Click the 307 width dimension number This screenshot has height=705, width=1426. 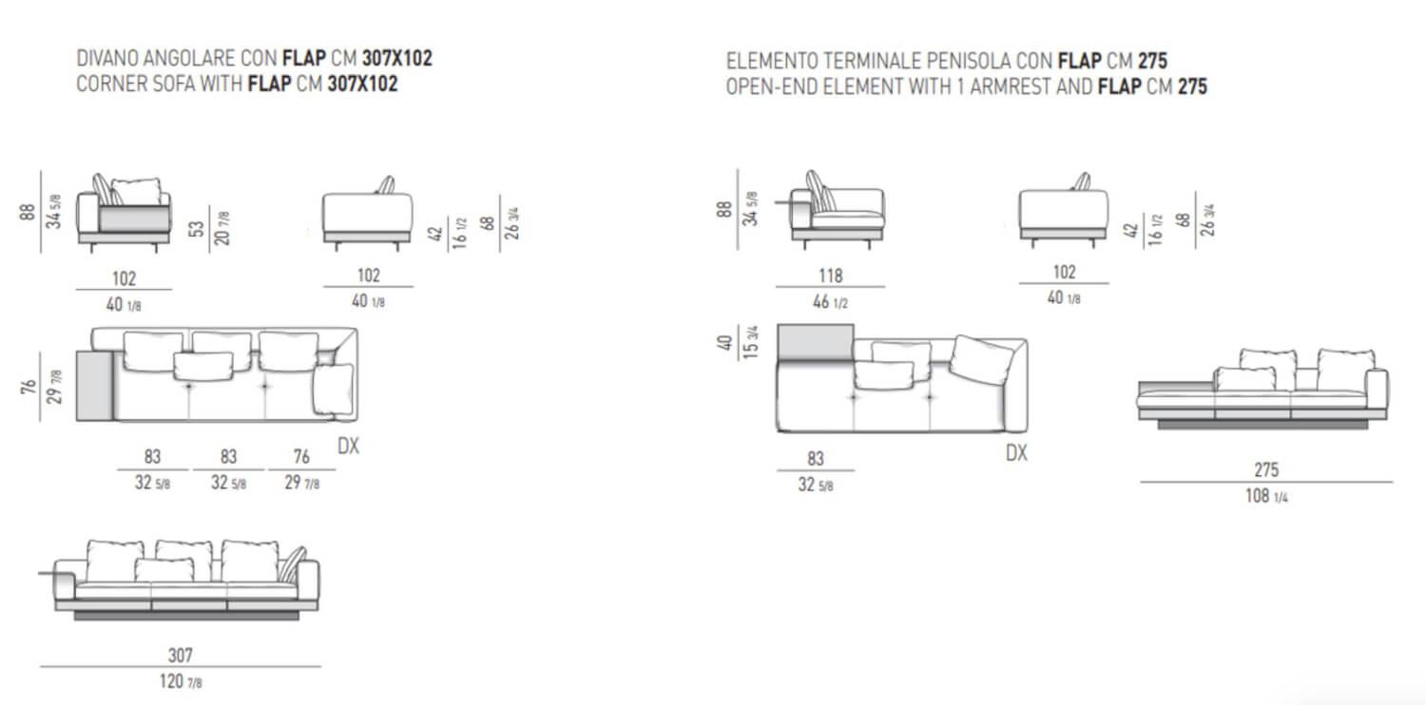point(181,655)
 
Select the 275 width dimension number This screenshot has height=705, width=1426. point(1266,469)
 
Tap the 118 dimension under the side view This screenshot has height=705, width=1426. point(830,276)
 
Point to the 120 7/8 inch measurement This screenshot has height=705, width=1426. point(181,681)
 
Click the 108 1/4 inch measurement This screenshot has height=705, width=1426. point(1266,496)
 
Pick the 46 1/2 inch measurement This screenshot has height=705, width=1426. point(830,301)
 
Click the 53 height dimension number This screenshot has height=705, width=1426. point(197,228)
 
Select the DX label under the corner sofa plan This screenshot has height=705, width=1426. point(348,446)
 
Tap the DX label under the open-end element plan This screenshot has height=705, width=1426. point(1016,453)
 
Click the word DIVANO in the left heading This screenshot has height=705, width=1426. point(106,58)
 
